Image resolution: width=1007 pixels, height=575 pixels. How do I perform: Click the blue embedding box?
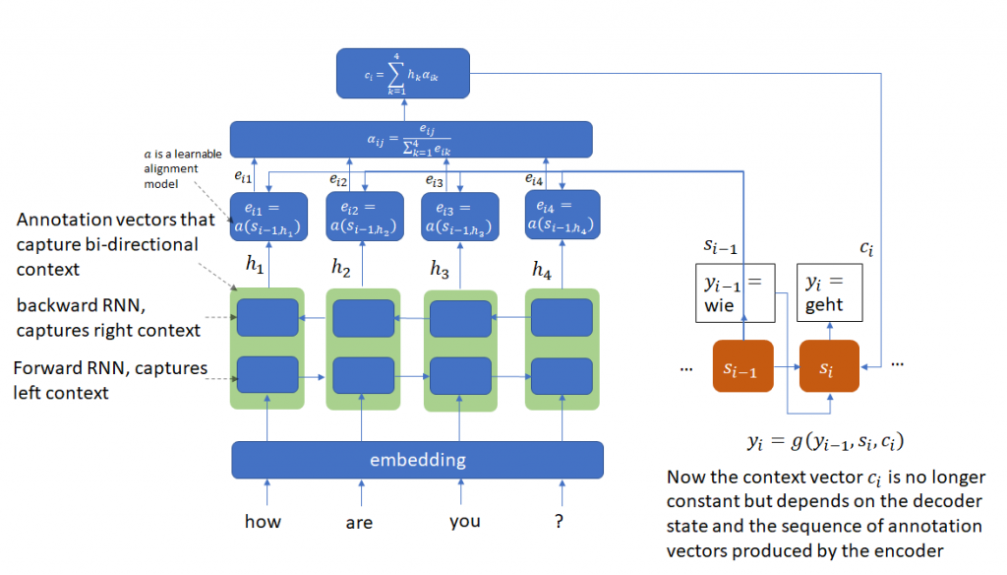point(417,460)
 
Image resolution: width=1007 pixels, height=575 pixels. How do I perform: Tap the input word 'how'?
point(263,522)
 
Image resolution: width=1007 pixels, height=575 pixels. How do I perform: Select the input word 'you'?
point(464,522)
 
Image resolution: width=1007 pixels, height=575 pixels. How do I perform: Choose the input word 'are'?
point(359,523)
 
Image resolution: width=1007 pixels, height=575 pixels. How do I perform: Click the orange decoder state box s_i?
point(828,367)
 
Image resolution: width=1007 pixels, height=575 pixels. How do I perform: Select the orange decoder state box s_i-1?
point(743,367)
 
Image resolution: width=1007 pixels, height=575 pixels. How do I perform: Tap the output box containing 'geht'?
point(832,292)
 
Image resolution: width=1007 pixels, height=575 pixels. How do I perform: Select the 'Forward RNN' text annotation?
point(110,380)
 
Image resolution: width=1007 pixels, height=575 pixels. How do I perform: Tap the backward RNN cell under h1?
point(267,318)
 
